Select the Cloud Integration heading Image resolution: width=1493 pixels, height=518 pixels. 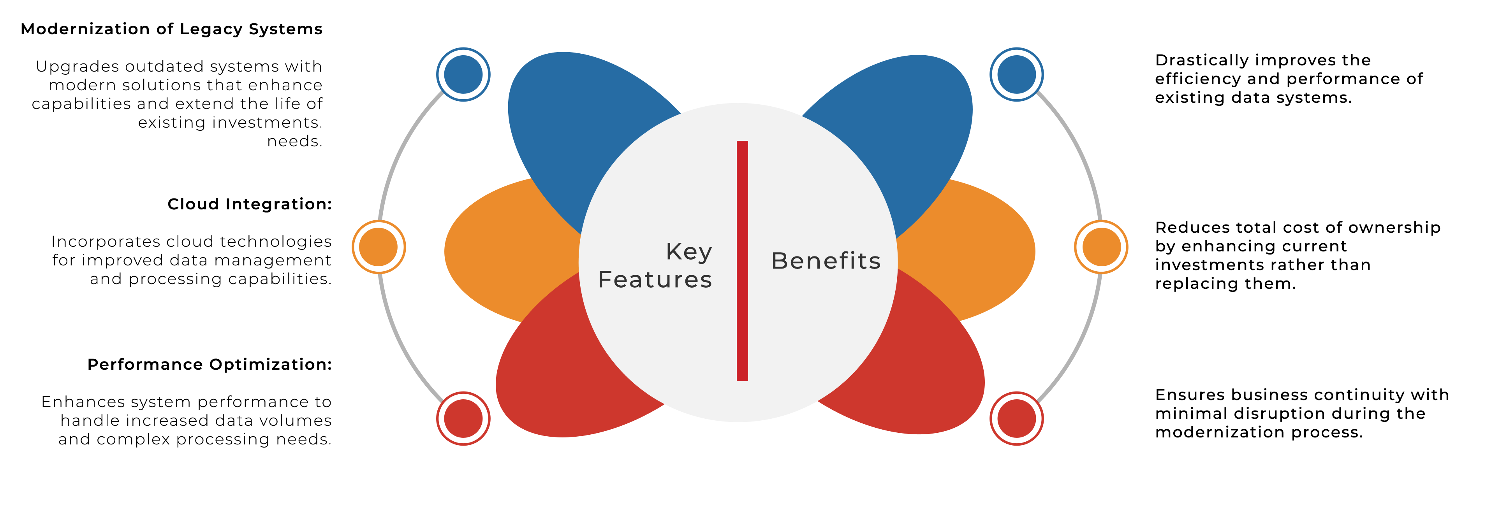click(x=249, y=204)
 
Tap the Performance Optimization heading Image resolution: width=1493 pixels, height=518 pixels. click(x=209, y=364)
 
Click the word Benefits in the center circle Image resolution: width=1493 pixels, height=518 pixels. click(x=825, y=261)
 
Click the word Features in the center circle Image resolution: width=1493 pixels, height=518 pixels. click(x=655, y=280)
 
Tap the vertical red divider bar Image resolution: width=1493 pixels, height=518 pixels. click(x=742, y=261)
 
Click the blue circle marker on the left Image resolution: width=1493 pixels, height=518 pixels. click(x=463, y=74)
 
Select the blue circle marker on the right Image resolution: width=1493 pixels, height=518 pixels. click(x=1017, y=74)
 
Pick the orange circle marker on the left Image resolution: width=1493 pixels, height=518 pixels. click(x=379, y=247)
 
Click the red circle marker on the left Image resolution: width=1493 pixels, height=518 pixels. click(x=463, y=418)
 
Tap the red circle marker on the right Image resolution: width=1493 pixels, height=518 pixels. click(x=1017, y=418)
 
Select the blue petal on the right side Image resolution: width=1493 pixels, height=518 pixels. click(x=921, y=128)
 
